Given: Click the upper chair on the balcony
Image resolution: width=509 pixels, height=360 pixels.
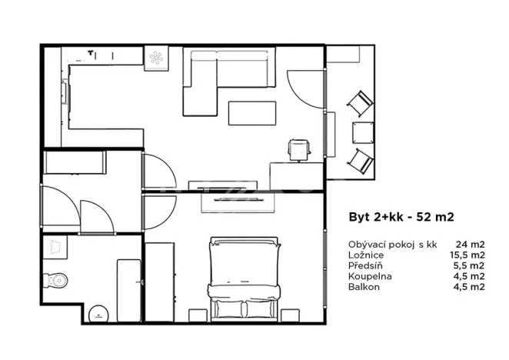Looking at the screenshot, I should [359, 103].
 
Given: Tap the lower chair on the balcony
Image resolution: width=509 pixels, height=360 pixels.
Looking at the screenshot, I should [360, 161].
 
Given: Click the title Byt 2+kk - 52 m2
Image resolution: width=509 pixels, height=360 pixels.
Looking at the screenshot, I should [394, 218].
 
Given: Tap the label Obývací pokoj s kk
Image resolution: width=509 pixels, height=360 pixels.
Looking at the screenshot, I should [392, 244].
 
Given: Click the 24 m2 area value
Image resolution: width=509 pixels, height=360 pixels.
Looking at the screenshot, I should [469, 244].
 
